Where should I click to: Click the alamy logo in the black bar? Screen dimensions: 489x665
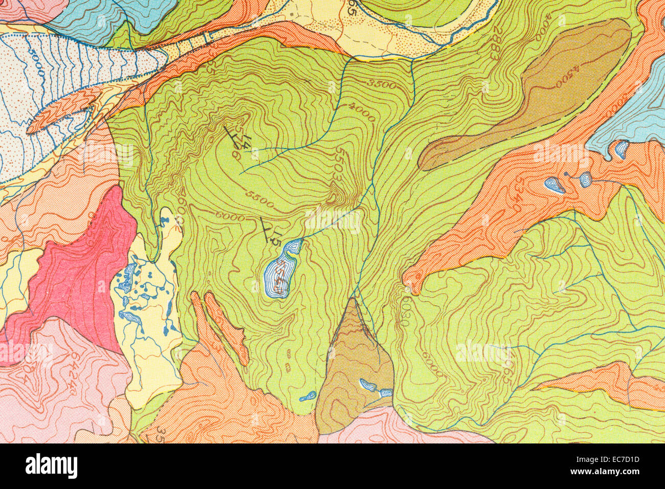[x=51, y=466]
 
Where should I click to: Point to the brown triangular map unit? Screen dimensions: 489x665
[x=353, y=368]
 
